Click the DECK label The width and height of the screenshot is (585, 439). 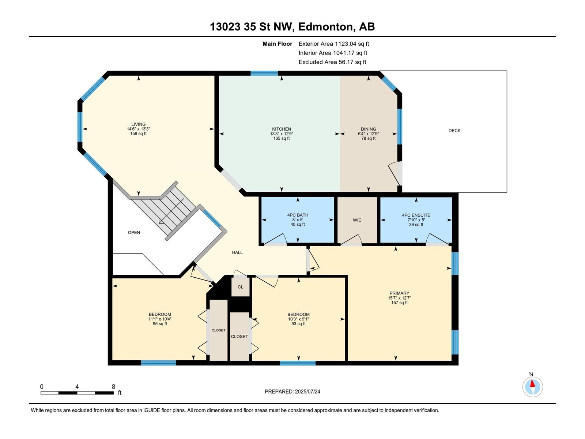[454, 131]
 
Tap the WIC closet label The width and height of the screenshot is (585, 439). [357, 220]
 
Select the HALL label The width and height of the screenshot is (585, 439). [237, 252]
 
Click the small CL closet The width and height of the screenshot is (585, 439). [240, 287]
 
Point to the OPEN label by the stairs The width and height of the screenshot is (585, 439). [134, 232]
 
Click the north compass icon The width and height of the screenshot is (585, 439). [532, 387]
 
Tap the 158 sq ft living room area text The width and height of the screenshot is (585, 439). [138, 134]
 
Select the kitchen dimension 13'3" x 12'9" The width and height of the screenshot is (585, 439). [282, 134]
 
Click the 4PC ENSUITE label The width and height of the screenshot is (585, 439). [416, 215]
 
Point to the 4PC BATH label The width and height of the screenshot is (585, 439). [297, 215]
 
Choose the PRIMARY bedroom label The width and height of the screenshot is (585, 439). [399, 293]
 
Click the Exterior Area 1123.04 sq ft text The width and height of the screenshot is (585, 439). [334, 44]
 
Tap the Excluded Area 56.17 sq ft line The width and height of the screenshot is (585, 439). [332, 62]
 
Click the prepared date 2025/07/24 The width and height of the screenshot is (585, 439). [307, 391]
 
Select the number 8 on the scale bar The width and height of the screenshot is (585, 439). [113, 386]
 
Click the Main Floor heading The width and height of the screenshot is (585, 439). [277, 44]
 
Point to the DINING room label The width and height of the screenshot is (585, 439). [368, 129]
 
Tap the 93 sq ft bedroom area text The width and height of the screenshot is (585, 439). [298, 324]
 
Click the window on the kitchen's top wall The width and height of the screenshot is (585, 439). [264, 73]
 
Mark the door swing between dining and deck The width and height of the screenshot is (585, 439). [395, 173]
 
